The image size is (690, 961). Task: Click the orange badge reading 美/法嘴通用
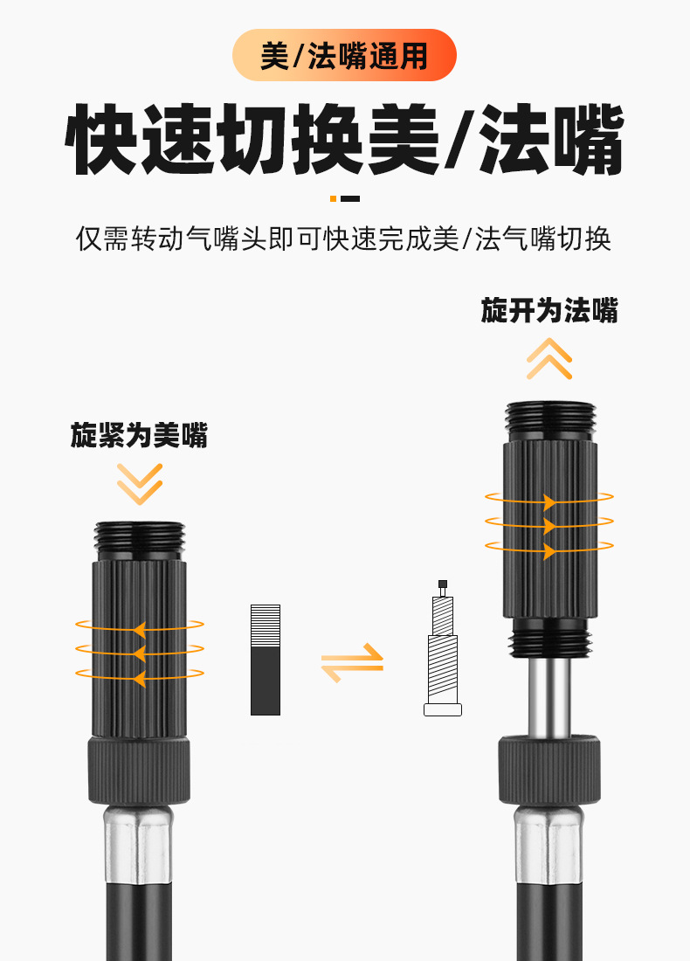pyautogui.click(x=344, y=55)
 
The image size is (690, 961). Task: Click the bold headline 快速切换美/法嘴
pyautogui.click(x=344, y=140)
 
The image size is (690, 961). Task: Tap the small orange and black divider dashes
pyautogui.click(x=344, y=198)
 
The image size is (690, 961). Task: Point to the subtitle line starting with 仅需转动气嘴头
pyautogui.click(x=344, y=239)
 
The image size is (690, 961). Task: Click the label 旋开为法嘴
pyautogui.click(x=549, y=310)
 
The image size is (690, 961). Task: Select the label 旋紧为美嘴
pyautogui.click(x=139, y=435)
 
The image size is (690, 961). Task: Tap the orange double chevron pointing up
pyautogui.click(x=549, y=359)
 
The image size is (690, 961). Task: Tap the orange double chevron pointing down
pyautogui.click(x=140, y=484)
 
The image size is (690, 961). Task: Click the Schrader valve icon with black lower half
pyautogui.click(x=266, y=660)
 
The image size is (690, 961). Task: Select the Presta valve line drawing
pyautogui.click(x=443, y=648)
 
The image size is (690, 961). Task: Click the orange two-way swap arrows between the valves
pyautogui.click(x=352, y=663)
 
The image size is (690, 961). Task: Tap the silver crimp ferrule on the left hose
pyautogui.click(x=137, y=845)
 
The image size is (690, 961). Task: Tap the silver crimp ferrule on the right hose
pyautogui.click(x=549, y=845)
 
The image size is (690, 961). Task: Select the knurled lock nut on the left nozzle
pyautogui.click(x=139, y=771)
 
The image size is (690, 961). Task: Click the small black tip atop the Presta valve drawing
pyautogui.click(x=443, y=584)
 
